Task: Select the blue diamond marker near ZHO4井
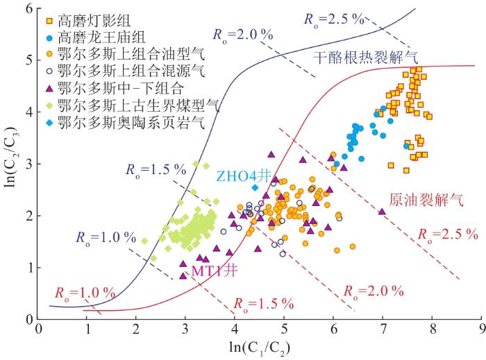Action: tap(255, 187)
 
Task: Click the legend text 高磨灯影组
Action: tap(87, 16)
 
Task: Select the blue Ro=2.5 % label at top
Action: tap(334, 19)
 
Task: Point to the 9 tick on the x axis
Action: tap(480, 329)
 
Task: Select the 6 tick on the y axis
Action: tap(29, 8)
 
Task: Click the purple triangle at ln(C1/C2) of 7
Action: tap(382, 212)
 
